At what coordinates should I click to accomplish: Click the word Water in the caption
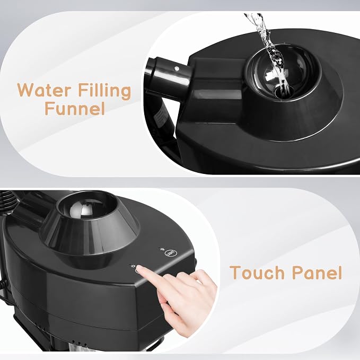click(43, 90)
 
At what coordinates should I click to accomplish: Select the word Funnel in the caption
click(75, 108)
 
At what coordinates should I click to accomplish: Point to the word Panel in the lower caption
click(318, 272)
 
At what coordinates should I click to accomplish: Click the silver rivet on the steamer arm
click(177, 68)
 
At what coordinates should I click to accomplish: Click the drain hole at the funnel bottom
click(284, 92)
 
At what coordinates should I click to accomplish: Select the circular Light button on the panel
click(168, 253)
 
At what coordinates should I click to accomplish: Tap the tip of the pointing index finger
click(139, 268)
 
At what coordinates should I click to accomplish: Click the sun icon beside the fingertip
click(132, 266)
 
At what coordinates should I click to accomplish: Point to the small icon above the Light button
click(161, 249)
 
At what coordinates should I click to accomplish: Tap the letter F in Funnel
click(49, 108)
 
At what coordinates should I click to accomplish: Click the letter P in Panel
click(298, 273)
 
